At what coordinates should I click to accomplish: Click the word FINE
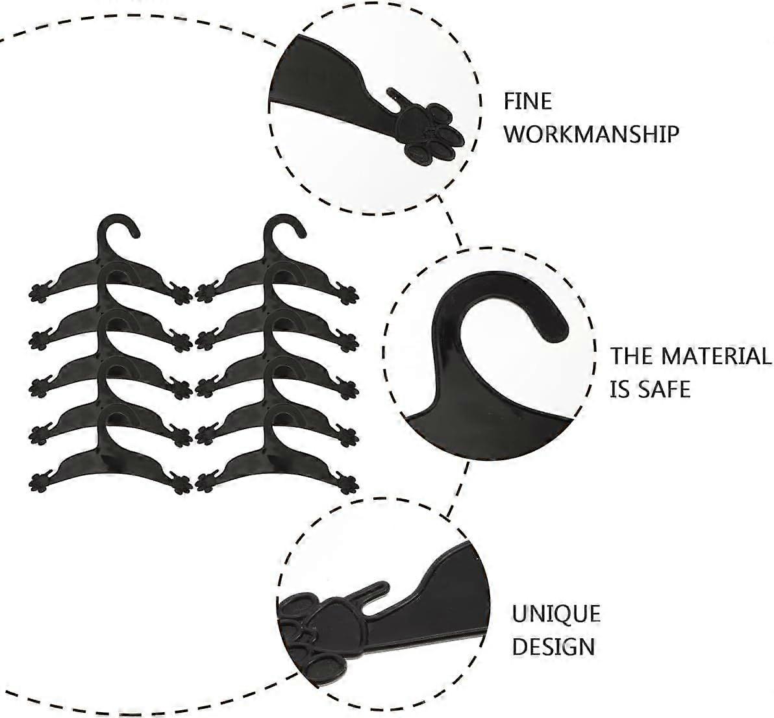click(x=528, y=102)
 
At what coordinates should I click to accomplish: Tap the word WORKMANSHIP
click(x=592, y=134)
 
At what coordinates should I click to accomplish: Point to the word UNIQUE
click(x=556, y=613)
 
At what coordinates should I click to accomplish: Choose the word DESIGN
click(x=553, y=647)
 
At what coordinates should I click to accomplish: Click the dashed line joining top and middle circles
click(x=453, y=227)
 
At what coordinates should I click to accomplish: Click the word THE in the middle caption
click(x=632, y=356)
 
